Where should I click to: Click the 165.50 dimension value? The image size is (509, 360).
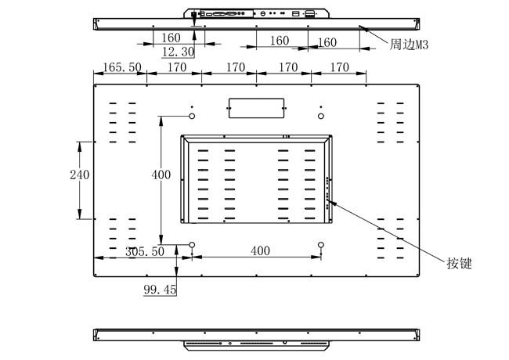tap(122, 67)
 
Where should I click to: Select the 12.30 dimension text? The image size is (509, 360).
tap(178, 52)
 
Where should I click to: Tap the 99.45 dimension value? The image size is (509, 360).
tap(160, 290)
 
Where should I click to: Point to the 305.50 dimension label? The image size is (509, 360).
tap(145, 251)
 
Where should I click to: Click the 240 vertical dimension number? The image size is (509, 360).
tap(80, 175)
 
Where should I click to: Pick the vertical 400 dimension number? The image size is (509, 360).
tap(161, 175)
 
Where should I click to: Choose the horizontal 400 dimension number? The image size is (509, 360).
tap(260, 250)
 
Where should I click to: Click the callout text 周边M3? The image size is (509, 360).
tap(409, 45)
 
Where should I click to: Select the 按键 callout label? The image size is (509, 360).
tap(460, 263)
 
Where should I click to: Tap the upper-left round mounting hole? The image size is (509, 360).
tap(192, 116)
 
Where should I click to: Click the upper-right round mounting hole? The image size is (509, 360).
tap(321, 116)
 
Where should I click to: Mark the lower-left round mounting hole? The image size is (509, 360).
tap(192, 244)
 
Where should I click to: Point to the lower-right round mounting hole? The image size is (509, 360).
tap(321, 244)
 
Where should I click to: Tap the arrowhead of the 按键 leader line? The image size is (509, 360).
tap(331, 203)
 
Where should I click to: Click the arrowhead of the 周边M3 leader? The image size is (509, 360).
tap(363, 28)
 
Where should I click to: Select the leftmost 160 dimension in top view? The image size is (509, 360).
tap(171, 38)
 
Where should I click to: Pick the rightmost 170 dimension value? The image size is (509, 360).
tap(340, 67)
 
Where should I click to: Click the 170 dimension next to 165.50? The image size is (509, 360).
tap(177, 67)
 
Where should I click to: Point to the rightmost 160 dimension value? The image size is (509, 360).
tap(327, 42)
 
